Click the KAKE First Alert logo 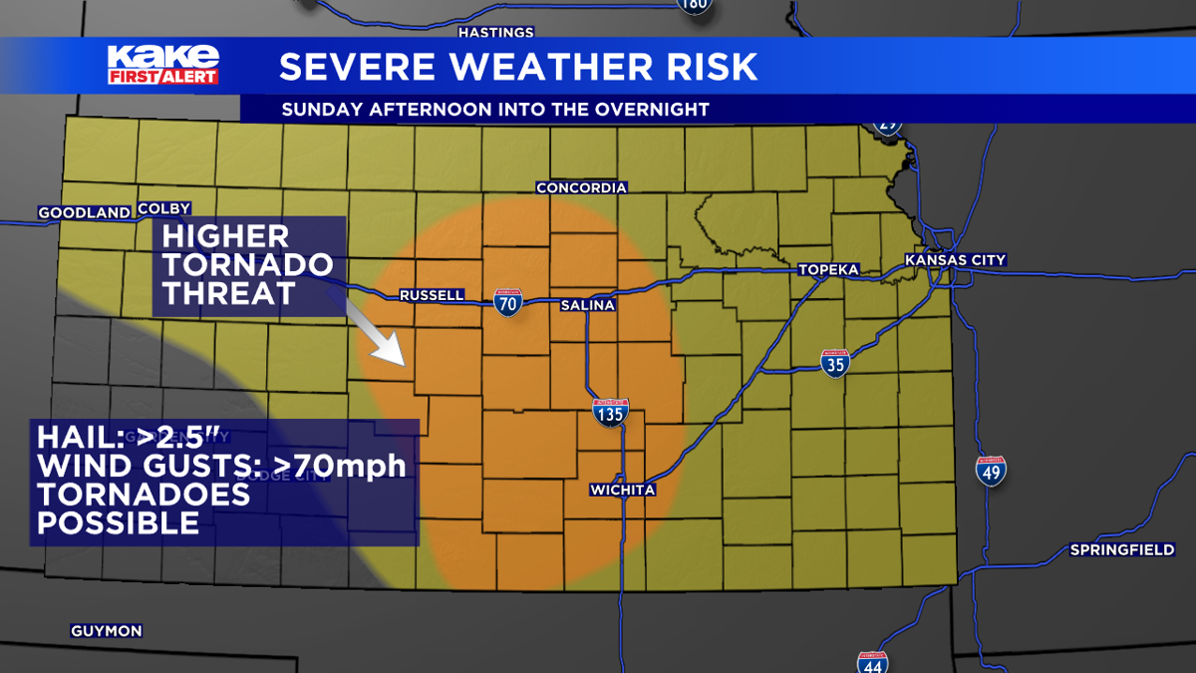tap(163, 64)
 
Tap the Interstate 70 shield tap(507, 302)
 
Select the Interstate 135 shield tap(609, 412)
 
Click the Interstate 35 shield tap(835, 363)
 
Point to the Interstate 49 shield tap(991, 471)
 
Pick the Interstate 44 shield tap(872, 662)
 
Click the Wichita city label tap(622, 490)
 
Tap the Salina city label tap(587, 305)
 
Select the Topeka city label tap(827, 270)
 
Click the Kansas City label tap(955, 260)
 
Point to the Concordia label tap(581, 187)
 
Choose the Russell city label tap(432, 295)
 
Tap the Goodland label tap(84, 212)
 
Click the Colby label tap(163, 208)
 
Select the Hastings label tap(495, 33)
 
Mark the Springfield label tap(1121, 549)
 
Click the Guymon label tap(106, 631)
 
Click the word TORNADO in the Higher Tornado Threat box tap(247, 265)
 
